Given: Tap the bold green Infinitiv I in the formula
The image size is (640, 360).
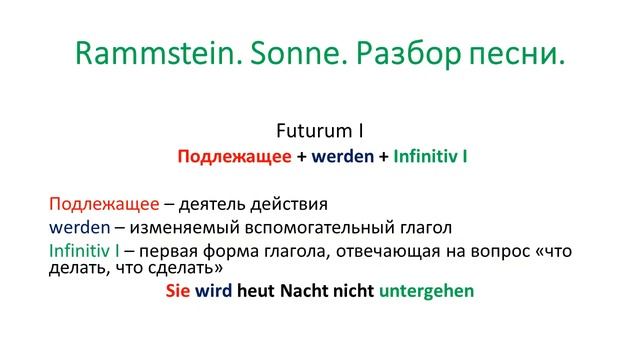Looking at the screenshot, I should (x=431, y=156).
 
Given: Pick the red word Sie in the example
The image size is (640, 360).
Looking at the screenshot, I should (x=178, y=291).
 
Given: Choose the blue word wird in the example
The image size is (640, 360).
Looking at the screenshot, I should (x=214, y=291).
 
